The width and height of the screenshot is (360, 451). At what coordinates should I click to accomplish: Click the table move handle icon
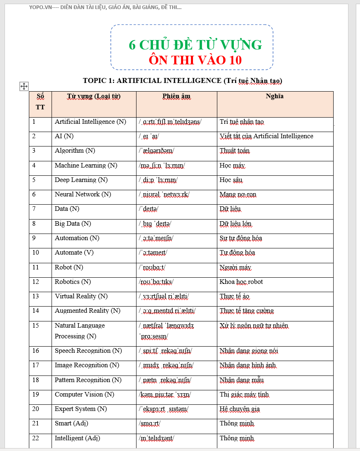pyautogui.click(x=24, y=86)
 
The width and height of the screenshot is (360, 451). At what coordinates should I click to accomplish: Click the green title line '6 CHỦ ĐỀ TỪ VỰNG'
pyautogui.click(x=195, y=45)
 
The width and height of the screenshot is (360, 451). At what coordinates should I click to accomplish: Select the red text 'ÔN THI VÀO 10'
pyautogui.click(x=195, y=60)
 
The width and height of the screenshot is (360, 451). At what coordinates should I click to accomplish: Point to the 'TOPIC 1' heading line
pyautogui.click(x=182, y=80)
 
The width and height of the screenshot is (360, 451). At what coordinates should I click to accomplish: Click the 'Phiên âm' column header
pyautogui.click(x=176, y=97)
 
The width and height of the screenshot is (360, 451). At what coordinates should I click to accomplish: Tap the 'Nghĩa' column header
pyautogui.click(x=275, y=97)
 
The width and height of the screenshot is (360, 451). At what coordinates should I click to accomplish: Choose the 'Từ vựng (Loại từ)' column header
pyautogui.click(x=94, y=97)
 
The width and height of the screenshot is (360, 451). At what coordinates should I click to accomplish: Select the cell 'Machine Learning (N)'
pyautogui.click(x=86, y=165)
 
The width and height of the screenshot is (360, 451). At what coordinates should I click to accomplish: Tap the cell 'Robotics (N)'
pyautogui.click(x=73, y=282)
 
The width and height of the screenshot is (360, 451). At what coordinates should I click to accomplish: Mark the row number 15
pyautogui.click(x=35, y=326)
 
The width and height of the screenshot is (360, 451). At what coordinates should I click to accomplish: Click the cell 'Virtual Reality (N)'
pyautogui.click(x=81, y=296)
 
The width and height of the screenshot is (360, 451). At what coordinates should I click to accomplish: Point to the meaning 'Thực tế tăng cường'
pyautogui.click(x=247, y=311)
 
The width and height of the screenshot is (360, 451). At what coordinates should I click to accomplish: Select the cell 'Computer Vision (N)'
pyautogui.click(x=85, y=394)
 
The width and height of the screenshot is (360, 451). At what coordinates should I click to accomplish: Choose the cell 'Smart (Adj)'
pyautogui.click(x=71, y=423)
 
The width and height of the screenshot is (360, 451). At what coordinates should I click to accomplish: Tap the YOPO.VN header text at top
pyautogui.click(x=105, y=7)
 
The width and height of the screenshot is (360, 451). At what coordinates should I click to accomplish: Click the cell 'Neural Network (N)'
pyautogui.click(x=83, y=194)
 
